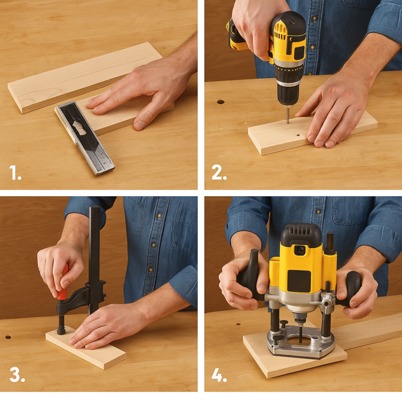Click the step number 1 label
pos(15,172)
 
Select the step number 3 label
pos(16,374)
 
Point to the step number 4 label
pos(219,374)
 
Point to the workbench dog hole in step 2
pos(220,102)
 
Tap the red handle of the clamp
pos(63,285)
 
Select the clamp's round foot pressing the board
pos(61,331)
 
